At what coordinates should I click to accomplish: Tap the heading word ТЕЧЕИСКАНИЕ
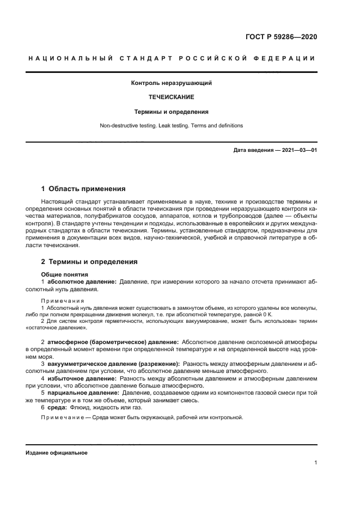pyautogui.click(x=172, y=97)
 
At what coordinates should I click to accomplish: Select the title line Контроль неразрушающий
pyautogui.click(x=172, y=83)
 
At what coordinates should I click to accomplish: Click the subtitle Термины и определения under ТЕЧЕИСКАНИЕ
pyautogui.click(x=172, y=112)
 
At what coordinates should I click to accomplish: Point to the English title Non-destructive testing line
pyautogui.click(x=172, y=126)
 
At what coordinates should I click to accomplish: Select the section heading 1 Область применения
pyautogui.click(x=83, y=189)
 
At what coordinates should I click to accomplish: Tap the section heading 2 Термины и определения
pyautogui.click(x=89, y=262)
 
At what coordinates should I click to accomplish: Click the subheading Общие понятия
pyautogui.click(x=65, y=274)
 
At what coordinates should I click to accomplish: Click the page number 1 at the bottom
pyautogui.click(x=315, y=463)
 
